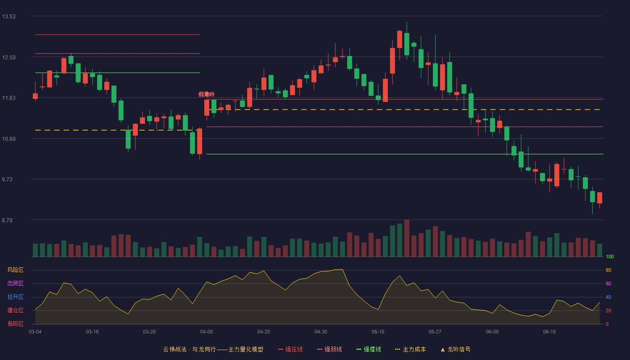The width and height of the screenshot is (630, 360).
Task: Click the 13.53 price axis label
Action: [9, 17]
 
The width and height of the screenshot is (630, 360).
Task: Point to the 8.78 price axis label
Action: [7, 220]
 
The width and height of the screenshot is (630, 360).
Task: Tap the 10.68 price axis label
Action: [9, 139]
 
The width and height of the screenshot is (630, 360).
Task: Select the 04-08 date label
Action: [207, 332]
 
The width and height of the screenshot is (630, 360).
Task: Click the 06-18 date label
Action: [549, 332]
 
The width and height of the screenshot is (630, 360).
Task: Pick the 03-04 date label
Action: [35, 332]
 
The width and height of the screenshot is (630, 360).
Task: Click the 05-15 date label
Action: [378, 332]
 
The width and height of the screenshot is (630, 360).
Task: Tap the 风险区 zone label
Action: [15, 270]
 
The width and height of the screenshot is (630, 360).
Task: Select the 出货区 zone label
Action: [15, 283]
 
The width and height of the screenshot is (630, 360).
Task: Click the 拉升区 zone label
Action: [15, 297]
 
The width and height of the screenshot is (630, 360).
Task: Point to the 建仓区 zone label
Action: [15, 310]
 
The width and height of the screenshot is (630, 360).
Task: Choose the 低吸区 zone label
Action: [15, 324]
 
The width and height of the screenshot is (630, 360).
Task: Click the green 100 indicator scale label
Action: [610, 256]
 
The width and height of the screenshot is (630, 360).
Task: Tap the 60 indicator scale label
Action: [608, 283]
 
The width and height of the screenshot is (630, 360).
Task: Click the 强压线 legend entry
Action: [290, 349]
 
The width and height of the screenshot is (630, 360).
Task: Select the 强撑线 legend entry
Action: [369, 349]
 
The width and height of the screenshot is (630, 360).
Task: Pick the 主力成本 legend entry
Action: [410, 349]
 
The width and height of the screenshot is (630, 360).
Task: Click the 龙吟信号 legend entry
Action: [455, 349]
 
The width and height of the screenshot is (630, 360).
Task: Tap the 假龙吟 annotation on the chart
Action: [207, 94]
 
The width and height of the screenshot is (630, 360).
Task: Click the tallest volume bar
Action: [407, 238]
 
